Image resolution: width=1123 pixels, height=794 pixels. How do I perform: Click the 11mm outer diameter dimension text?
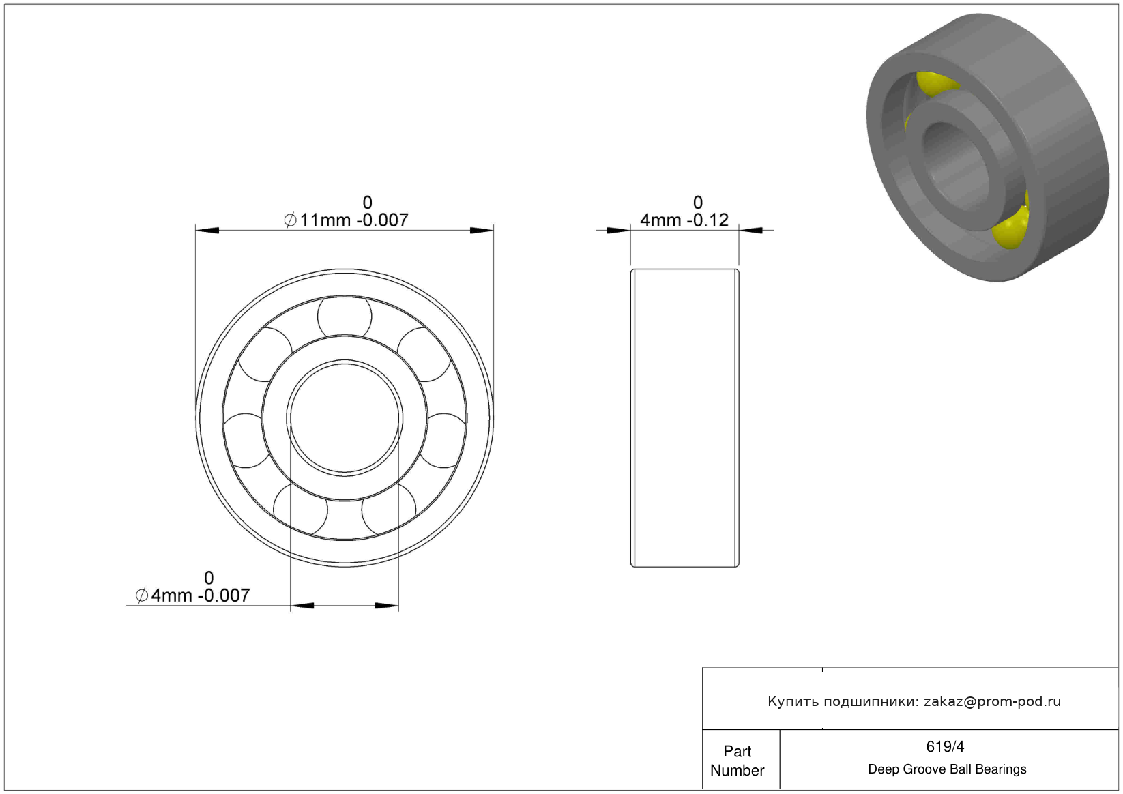(346, 220)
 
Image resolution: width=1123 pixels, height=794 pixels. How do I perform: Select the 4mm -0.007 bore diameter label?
(192, 595)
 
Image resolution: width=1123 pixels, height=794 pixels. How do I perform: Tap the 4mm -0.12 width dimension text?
(684, 220)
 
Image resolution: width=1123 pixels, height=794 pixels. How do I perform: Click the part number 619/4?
(945, 747)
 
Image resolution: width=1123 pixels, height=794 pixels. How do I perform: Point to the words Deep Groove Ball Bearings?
(947, 769)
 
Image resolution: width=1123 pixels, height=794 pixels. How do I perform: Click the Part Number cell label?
(737, 761)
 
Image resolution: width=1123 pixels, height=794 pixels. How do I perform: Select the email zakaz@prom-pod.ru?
(992, 701)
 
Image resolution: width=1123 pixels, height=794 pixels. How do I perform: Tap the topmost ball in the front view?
(345, 317)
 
